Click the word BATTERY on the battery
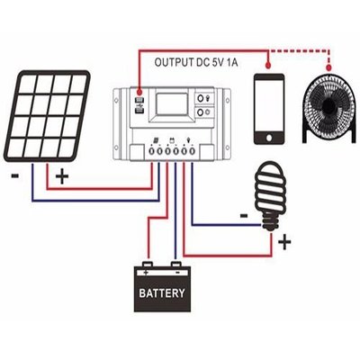click(162, 293)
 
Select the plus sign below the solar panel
click(60, 176)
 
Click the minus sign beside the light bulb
click(243, 215)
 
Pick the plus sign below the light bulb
click(285, 240)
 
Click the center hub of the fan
click(328, 103)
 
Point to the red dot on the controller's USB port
click(139, 91)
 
